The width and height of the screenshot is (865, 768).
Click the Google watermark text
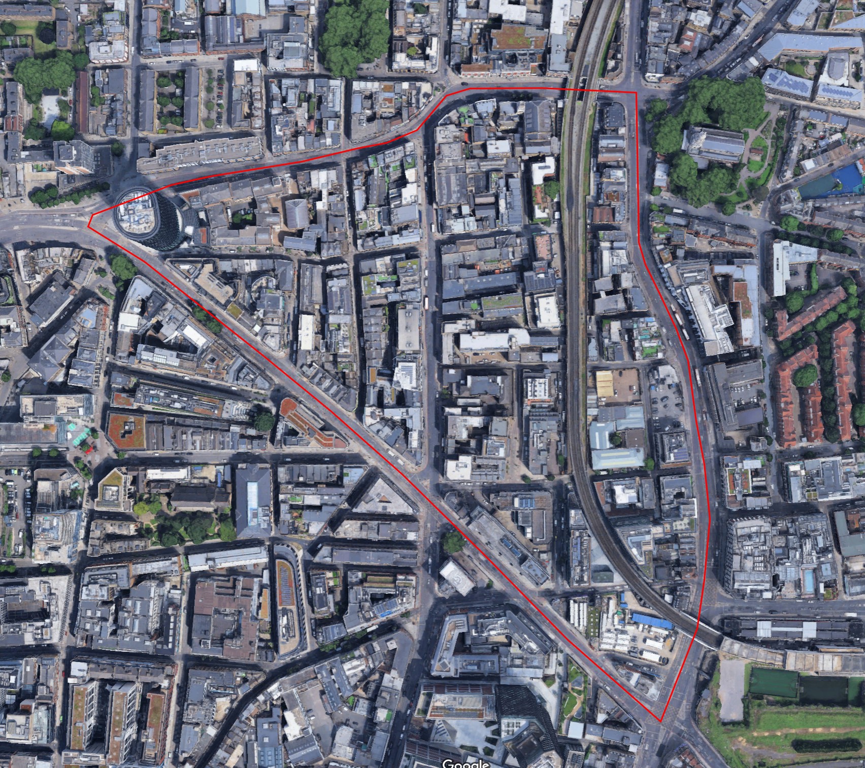click(465, 763)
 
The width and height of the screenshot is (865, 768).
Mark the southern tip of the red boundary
click(660, 720)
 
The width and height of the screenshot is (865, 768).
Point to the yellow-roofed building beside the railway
click(605, 383)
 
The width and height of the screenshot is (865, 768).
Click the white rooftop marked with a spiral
click(457, 577)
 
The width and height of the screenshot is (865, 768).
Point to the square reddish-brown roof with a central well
click(126, 431)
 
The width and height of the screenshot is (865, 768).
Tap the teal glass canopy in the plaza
click(80, 437)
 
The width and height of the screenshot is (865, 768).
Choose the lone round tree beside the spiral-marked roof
click(454, 542)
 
